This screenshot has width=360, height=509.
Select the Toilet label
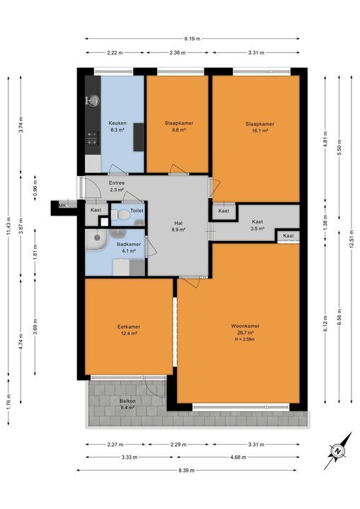pyautogui.click(x=137, y=211)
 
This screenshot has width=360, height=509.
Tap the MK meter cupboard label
pyautogui.click(x=62, y=206)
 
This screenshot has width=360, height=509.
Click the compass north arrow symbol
pyautogui.click(x=337, y=451)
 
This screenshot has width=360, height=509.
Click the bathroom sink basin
pyautogui.click(x=94, y=243)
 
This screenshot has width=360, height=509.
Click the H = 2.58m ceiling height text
pyautogui.click(x=245, y=339)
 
